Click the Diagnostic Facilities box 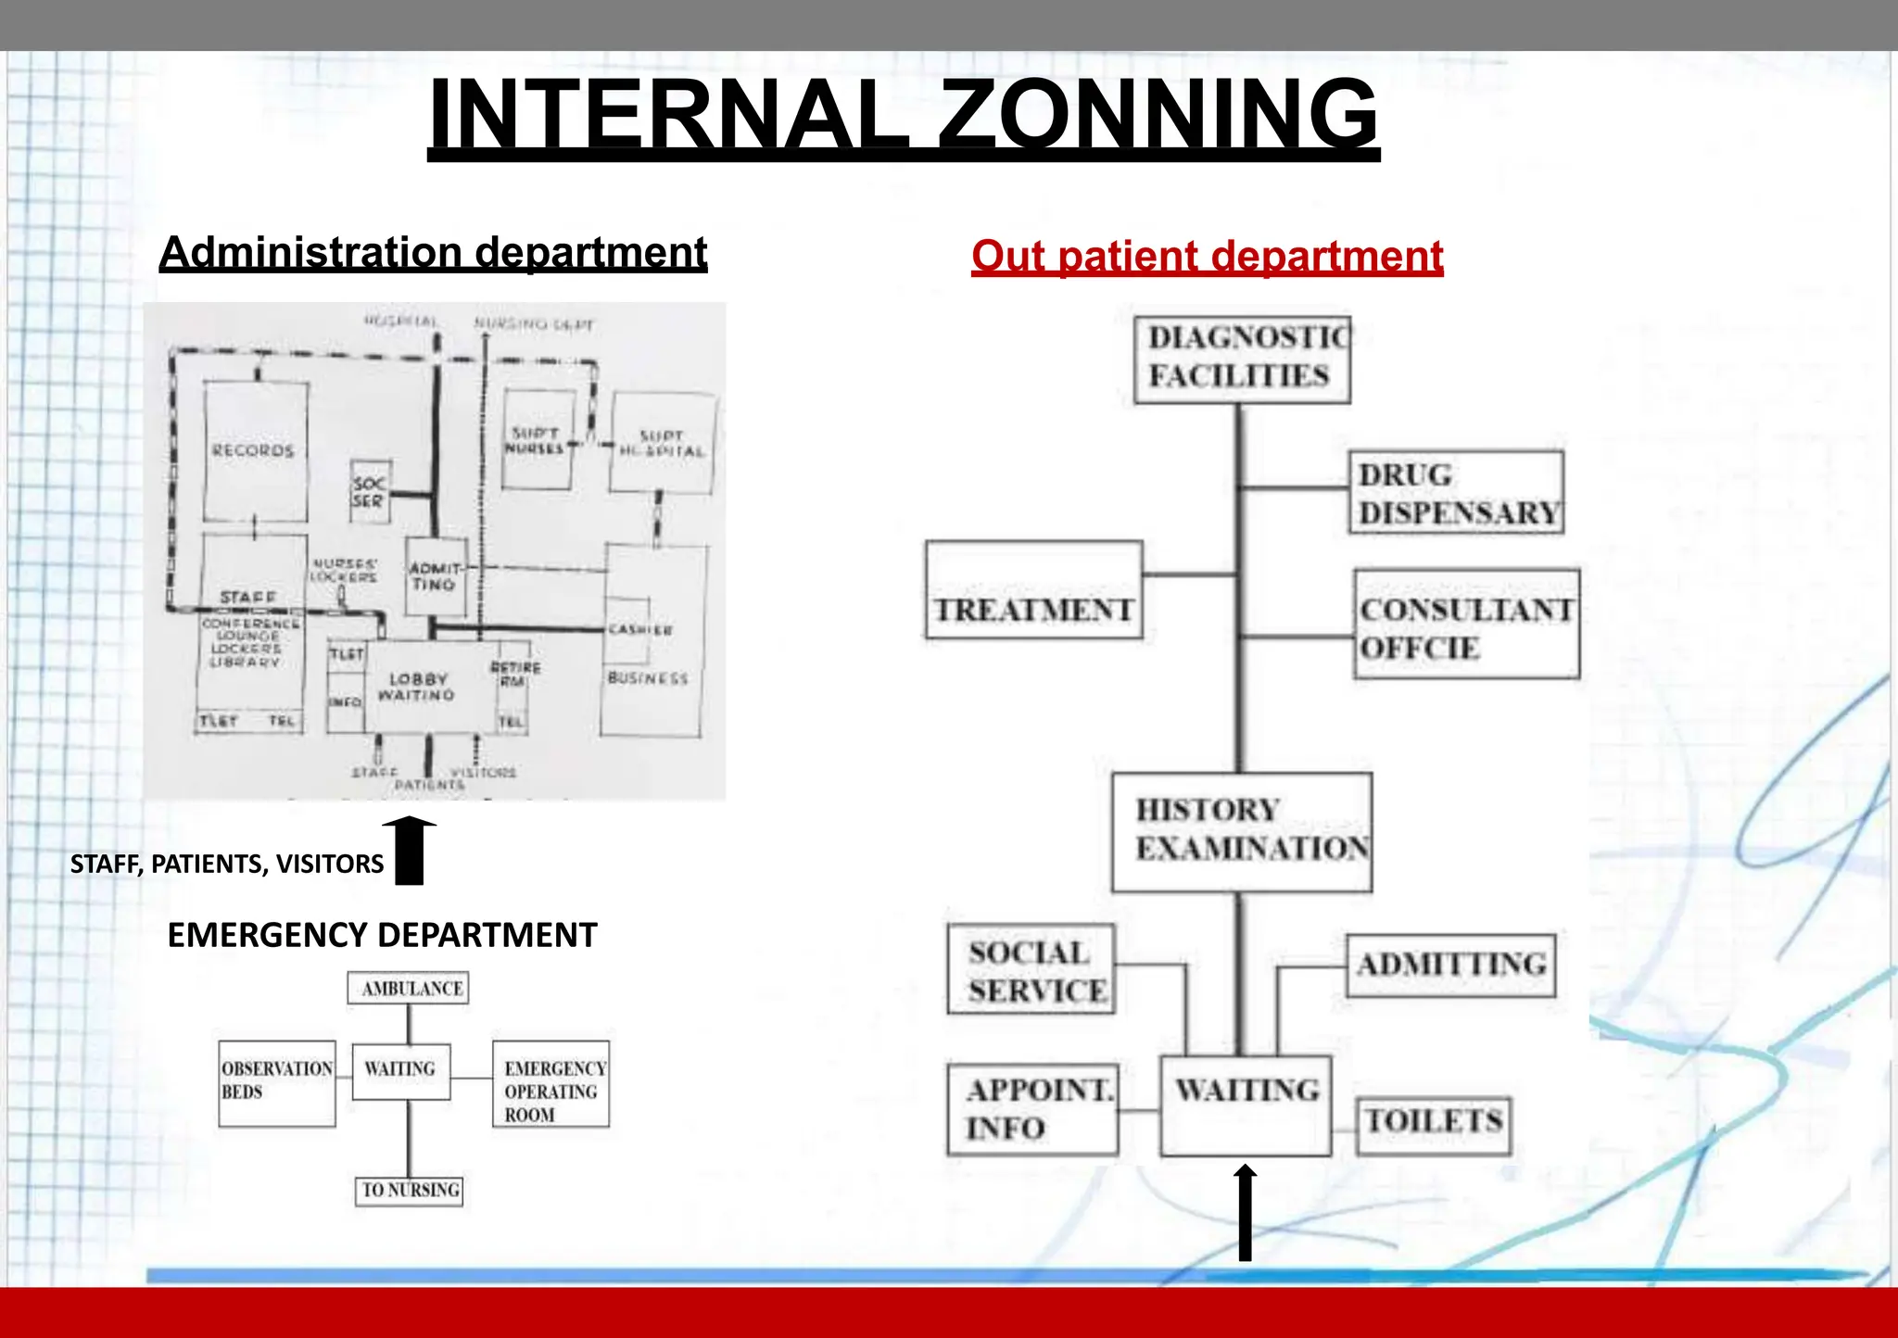point(1242,360)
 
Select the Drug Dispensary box point(1456,493)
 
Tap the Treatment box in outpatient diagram point(1033,591)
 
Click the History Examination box point(1242,832)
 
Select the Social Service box point(1031,969)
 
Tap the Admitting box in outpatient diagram point(1450,965)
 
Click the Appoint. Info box point(1032,1109)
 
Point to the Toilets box point(1433,1124)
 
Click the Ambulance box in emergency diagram point(409,989)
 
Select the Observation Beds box point(276,1083)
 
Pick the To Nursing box point(409,1191)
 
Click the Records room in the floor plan point(255,451)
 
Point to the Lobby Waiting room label point(417,687)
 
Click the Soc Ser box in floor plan point(369,491)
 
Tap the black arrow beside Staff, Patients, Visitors point(409,851)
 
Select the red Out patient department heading point(1207,256)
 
